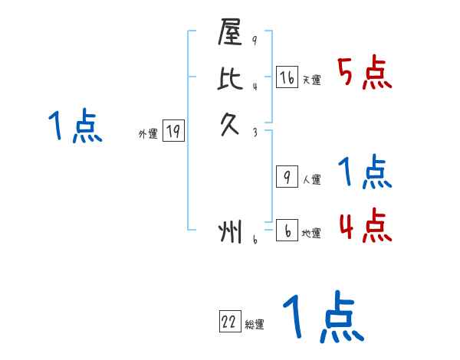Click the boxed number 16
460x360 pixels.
[287, 77]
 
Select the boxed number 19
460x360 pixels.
[172, 132]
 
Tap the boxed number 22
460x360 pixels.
[229, 322]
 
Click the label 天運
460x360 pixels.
[311, 80]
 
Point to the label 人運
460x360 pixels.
[311, 180]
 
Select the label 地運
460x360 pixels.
[311, 233]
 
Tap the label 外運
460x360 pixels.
[148, 134]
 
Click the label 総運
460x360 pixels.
[254, 325]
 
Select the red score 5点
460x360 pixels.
[365, 74]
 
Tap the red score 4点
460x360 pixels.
[365, 226]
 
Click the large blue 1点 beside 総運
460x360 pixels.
[322, 318]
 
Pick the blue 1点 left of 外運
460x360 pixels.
[75, 126]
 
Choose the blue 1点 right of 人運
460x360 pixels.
[365, 172]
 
